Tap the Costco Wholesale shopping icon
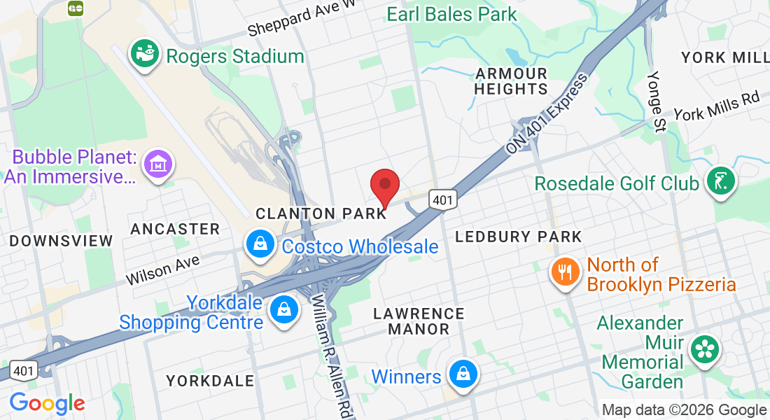(x=260, y=244)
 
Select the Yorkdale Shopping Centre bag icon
(x=284, y=309)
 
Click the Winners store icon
(x=463, y=374)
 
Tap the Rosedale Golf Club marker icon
(x=720, y=181)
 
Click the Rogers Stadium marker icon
(x=145, y=55)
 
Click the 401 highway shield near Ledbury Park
(x=444, y=199)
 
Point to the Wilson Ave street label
(x=162, y=269)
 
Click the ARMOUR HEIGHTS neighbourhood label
(x=511, y=81)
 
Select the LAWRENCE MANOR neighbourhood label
(x=419, y=321)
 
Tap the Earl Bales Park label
(x=451, y=13)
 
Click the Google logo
(x=47, y=404)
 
